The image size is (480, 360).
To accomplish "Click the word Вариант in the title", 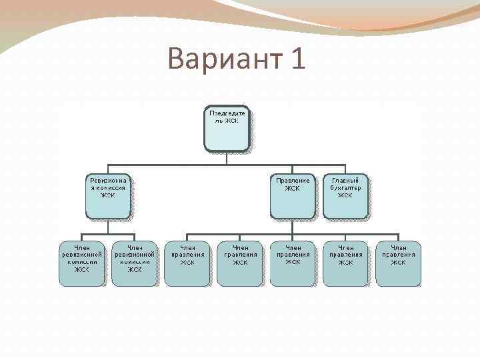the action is (225, 59).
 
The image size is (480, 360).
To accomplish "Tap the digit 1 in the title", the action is (298, 59).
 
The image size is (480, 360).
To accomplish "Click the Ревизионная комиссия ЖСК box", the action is (107, 196).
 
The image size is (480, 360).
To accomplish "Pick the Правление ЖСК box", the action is (292, 196).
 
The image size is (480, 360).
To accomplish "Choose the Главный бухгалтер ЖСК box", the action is (345, 196).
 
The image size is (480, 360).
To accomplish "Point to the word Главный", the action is (345, 180).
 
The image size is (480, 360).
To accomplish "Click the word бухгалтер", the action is (345, 188).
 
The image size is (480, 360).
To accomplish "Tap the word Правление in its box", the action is (293, 180).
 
